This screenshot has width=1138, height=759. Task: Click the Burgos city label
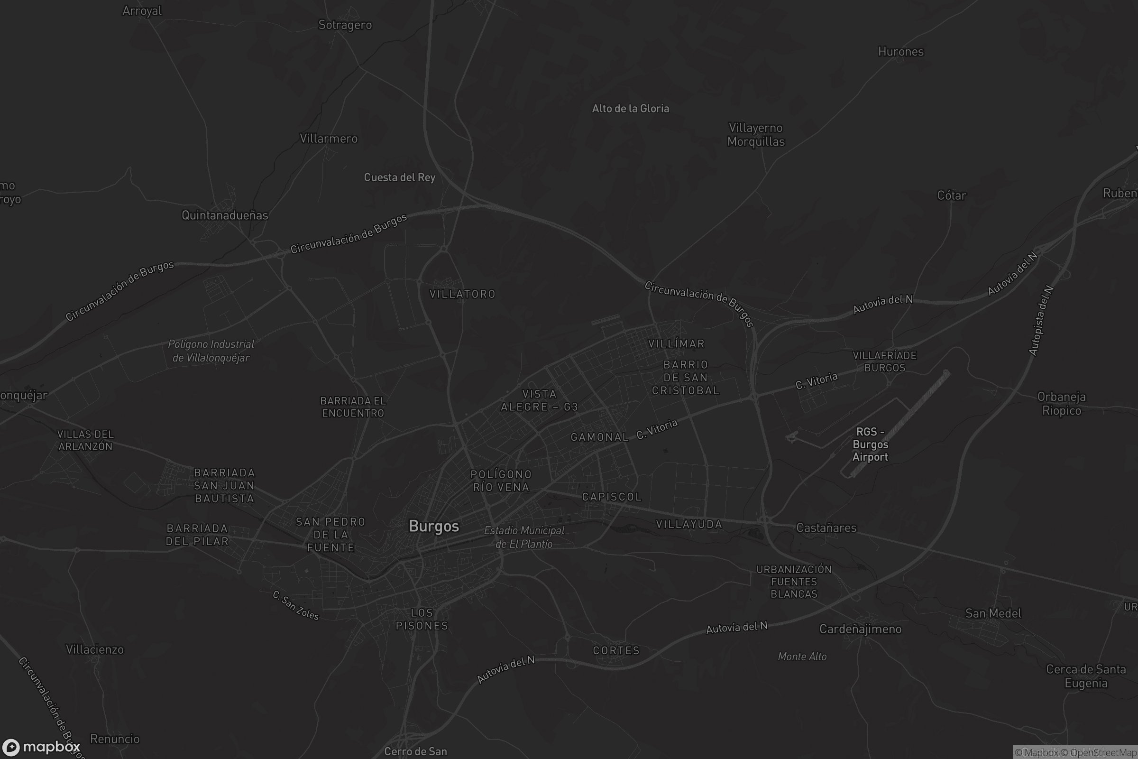433,526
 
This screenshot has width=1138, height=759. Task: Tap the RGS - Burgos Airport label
870,444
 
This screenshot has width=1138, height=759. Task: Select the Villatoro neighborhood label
463,294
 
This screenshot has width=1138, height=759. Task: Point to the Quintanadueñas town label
224,215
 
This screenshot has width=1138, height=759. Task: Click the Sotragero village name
345,25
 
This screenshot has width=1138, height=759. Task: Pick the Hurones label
900,52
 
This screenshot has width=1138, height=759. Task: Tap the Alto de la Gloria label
631,109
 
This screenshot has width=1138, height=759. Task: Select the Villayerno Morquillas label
756,135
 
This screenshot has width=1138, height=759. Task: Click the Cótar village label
951,195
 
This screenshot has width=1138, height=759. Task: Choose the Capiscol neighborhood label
612,497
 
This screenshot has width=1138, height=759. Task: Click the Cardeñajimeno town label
860,629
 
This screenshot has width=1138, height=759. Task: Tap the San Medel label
993,613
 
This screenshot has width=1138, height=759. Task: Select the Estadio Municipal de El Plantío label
524,537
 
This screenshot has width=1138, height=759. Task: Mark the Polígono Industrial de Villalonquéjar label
211,351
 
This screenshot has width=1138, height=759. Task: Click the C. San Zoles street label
295,606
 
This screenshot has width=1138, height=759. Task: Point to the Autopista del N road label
1041,321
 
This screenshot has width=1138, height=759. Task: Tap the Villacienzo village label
95,649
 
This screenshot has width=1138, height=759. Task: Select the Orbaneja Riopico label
1062,404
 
